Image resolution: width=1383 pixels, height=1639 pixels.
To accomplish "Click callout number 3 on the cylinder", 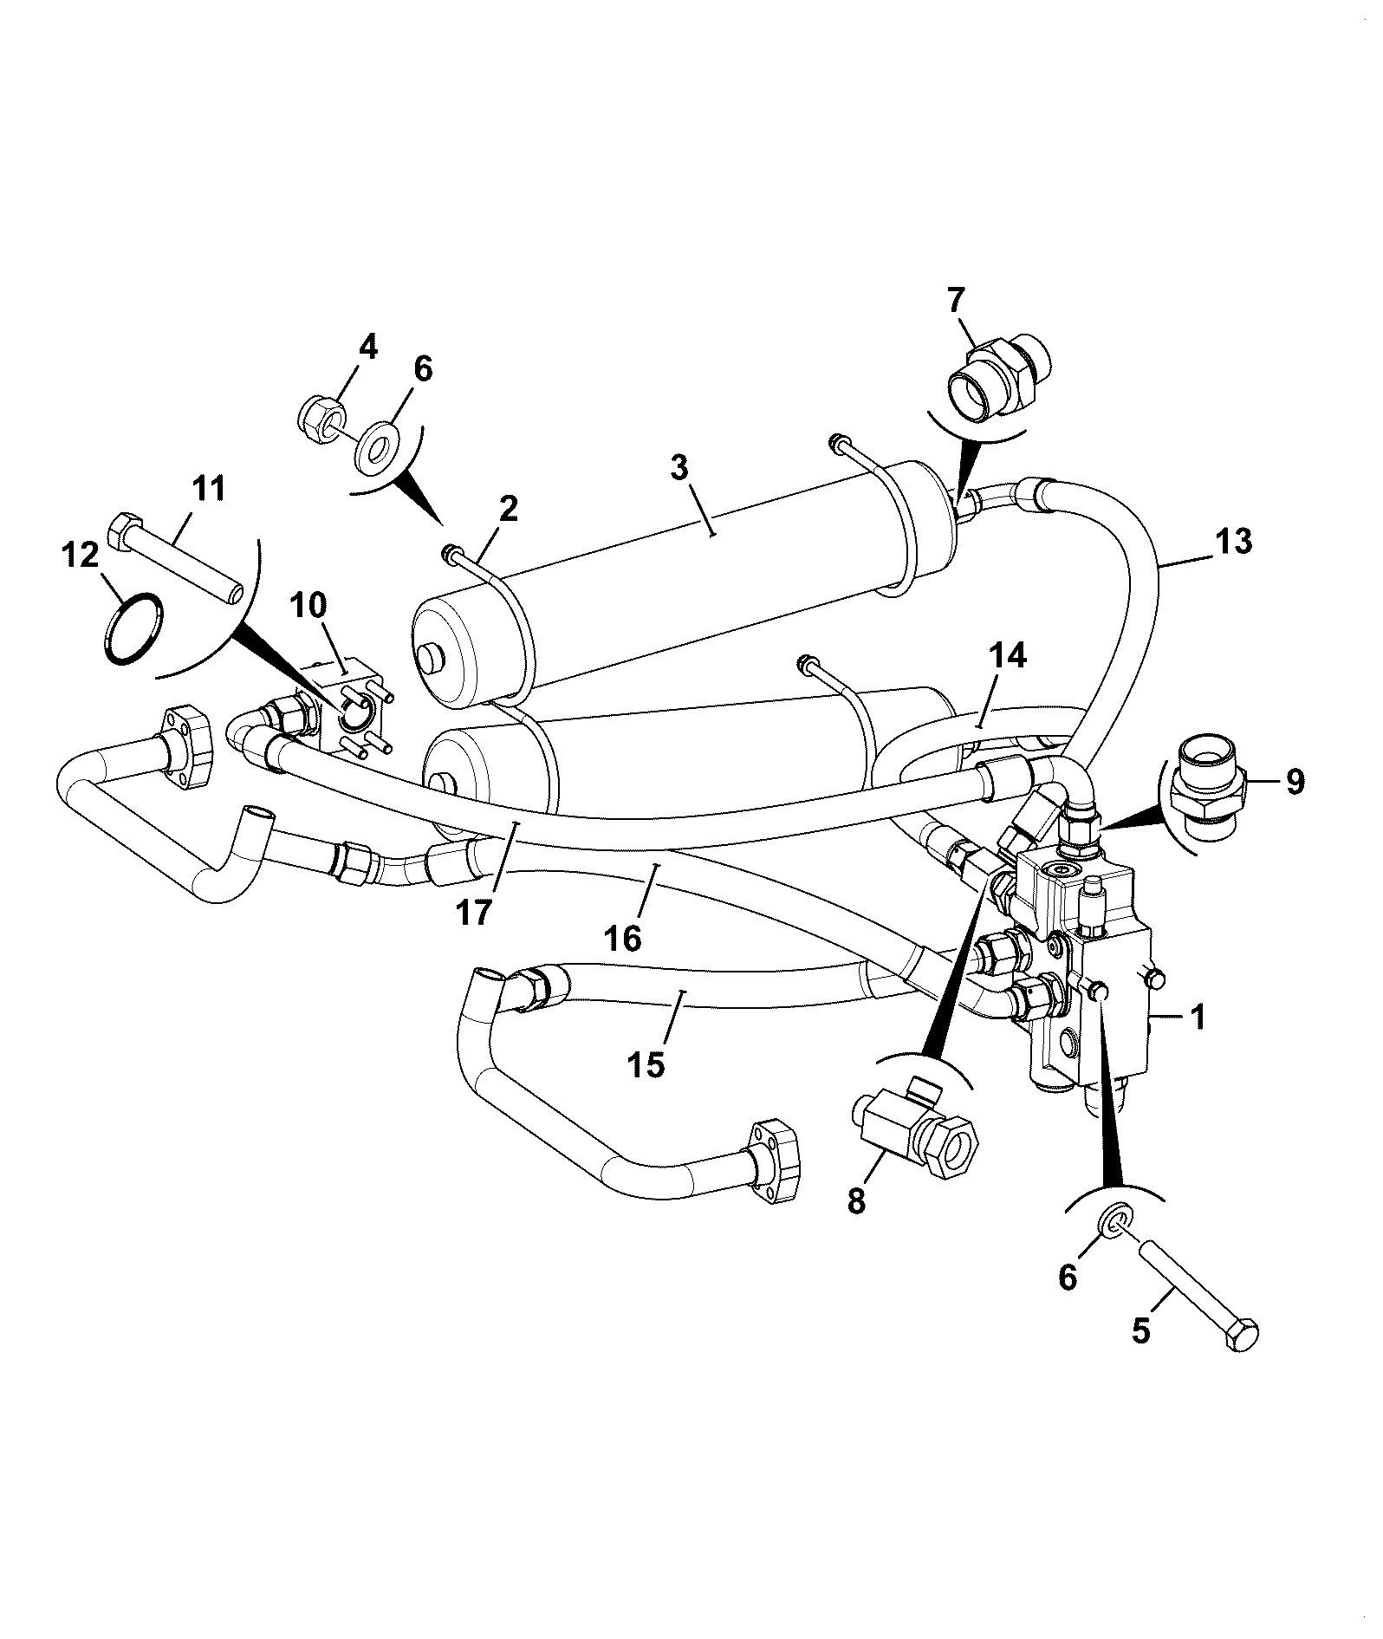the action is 679,468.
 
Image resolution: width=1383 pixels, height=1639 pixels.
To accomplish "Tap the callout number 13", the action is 1233,542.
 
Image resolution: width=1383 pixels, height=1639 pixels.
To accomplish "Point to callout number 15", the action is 647,1064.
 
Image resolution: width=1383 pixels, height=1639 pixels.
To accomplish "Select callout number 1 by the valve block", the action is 1198,1017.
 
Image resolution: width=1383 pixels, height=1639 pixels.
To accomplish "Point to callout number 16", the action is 625,937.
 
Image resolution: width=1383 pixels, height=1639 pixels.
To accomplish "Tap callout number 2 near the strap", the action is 508,508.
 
